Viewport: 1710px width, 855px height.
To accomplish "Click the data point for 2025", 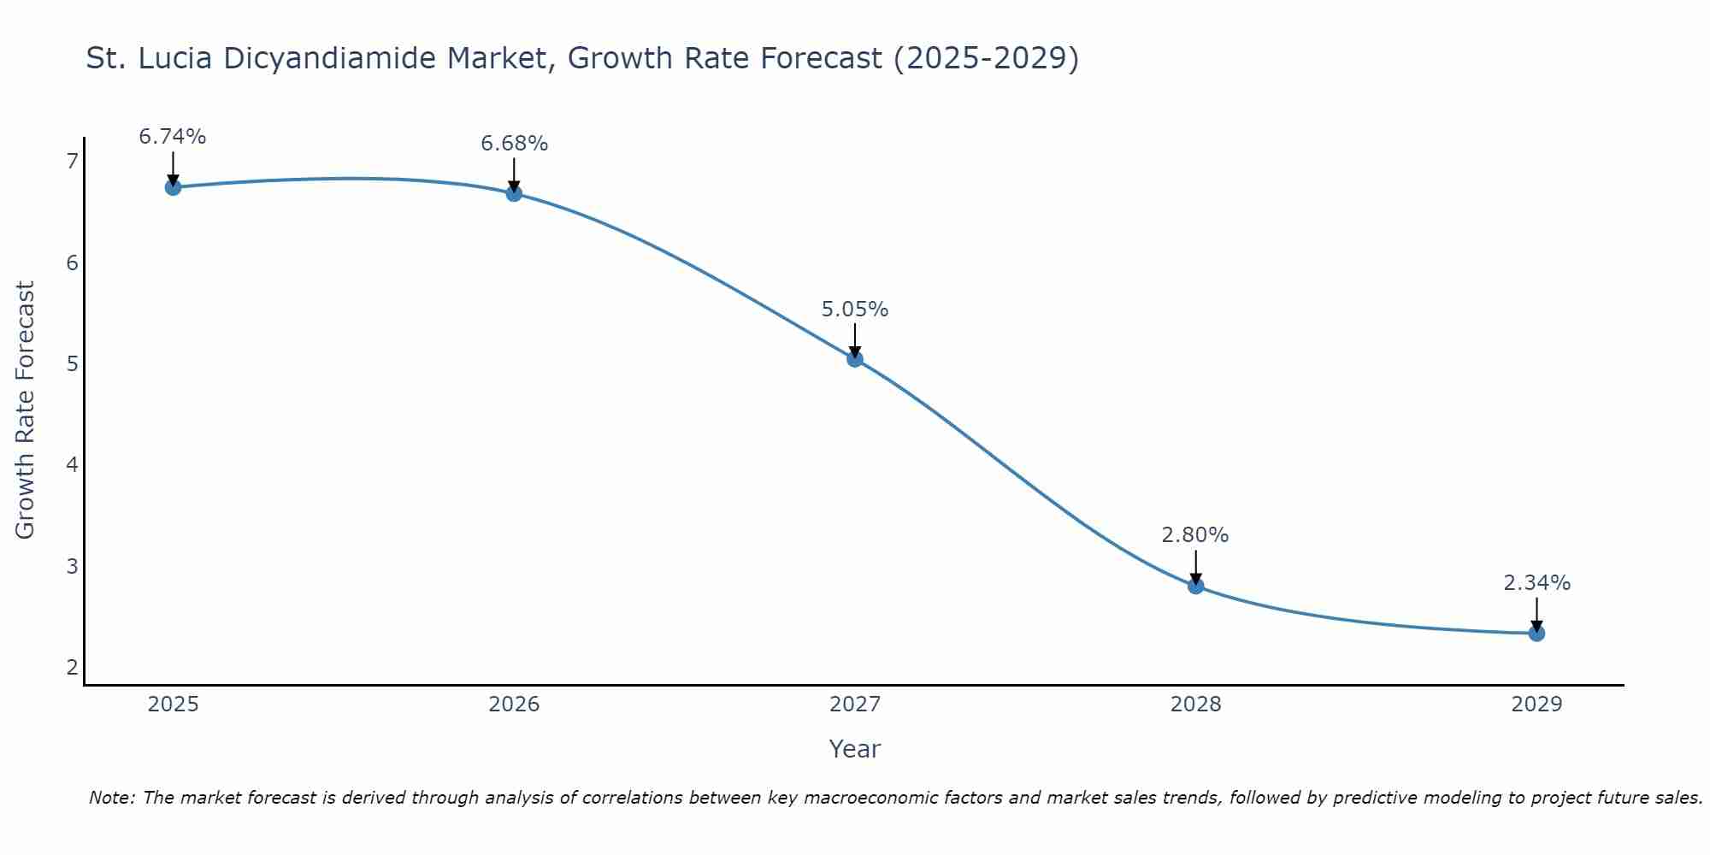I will (173, 187).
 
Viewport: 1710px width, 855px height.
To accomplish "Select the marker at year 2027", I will (855, 359).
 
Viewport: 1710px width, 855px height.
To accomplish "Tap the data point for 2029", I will (1536, 634).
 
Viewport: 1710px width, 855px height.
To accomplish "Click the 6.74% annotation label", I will (173, 137).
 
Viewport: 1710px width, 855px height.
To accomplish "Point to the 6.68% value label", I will (514, 144).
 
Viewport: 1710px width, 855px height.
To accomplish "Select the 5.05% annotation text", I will (855, 310).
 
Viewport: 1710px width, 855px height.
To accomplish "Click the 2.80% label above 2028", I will (1195, 535).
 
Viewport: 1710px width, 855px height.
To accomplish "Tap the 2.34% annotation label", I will (1536, 583).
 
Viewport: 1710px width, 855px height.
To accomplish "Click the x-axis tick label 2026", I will (514, 705).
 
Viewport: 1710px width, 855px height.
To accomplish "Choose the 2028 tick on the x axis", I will (1195, 705).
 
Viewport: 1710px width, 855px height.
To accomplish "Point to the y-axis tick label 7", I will (72, 162).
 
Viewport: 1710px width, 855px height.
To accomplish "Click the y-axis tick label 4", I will (72, 465).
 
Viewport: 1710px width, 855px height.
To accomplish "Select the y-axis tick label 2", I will (72, 667).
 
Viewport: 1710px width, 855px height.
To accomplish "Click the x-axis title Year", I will (854, 749).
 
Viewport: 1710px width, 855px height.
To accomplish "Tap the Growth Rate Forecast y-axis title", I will (26, 410).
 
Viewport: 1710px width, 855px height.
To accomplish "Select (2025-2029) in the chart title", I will (986, 58).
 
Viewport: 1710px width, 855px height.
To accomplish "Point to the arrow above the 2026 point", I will (514, 174).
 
